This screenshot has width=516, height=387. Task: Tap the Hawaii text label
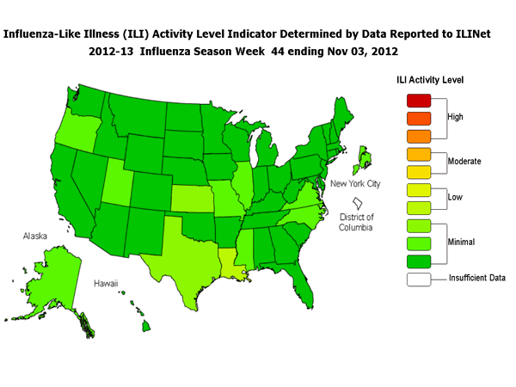coord(107,282)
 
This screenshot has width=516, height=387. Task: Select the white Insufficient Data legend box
coord(412,278)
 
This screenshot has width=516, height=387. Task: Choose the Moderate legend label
coord(465,161)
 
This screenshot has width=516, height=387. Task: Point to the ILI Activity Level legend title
coord(430,80)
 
